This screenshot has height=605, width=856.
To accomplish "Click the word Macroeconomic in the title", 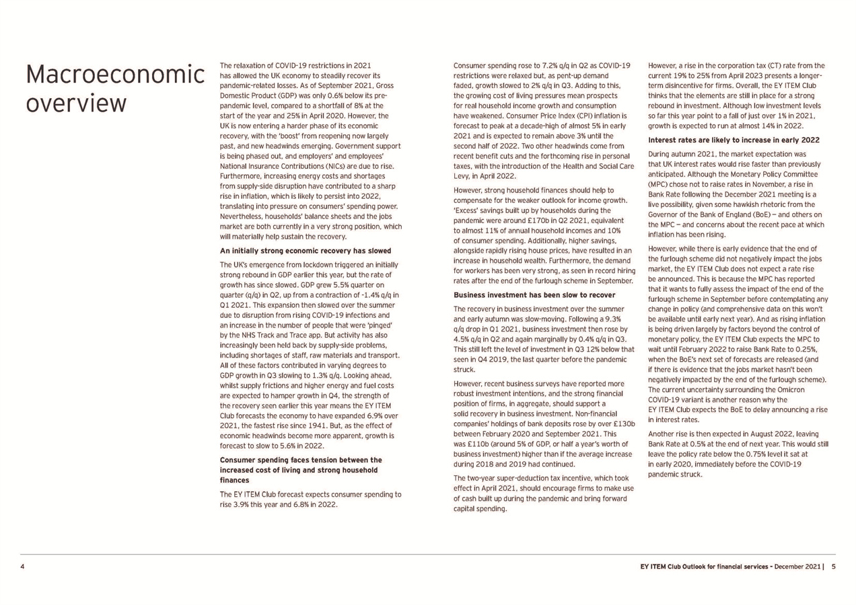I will (114, 75).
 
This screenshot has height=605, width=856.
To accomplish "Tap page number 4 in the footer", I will (22, 567).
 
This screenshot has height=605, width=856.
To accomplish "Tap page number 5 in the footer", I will (833, 567).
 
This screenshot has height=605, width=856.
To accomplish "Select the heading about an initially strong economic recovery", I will (306, 251).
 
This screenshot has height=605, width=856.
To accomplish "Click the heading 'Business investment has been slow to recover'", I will (534, 294).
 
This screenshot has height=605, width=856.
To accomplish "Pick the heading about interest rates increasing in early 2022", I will (734, 140).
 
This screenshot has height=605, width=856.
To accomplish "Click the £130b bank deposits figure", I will (625, 423).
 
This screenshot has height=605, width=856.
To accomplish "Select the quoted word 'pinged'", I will (380, 325).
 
